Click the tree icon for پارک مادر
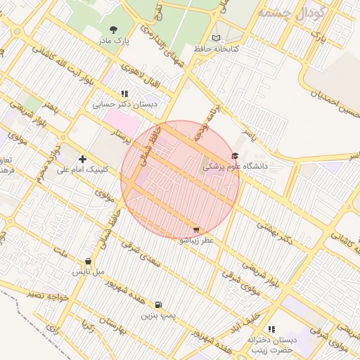point(114,30)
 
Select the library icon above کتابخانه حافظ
point(216,37)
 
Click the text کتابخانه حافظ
point(216,49)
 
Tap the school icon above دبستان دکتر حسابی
point(124,94)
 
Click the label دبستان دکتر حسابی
point(124,105)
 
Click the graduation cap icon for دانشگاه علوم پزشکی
point(234,156)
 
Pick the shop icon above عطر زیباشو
point(195,229)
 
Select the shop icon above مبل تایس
point(88,261)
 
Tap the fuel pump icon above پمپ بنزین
point(157,305)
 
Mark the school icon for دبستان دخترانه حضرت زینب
point(271,329)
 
